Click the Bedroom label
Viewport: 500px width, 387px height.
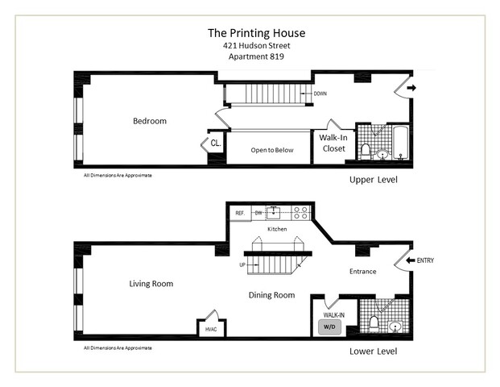(x=150, y=121)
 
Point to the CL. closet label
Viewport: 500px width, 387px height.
(x=216, y=144)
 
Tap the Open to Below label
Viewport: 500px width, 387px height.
(x=272, y=150)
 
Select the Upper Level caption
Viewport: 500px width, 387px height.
(x=374, y=179)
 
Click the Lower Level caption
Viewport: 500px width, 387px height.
(x=374, y=352)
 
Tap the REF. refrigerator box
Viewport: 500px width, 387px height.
(x=239, y=214)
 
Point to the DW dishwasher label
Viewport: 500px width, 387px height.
(x=258, y=214)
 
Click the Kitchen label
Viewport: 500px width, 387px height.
(x=278, y=229)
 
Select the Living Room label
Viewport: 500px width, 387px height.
(x=151, y=283)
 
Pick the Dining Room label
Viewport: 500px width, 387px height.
(x=272, y=295)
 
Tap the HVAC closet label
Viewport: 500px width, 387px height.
(x=212, y=328)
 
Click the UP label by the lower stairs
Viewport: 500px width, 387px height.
(x=241, y=264)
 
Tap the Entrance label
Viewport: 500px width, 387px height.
(x=362, y=271)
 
